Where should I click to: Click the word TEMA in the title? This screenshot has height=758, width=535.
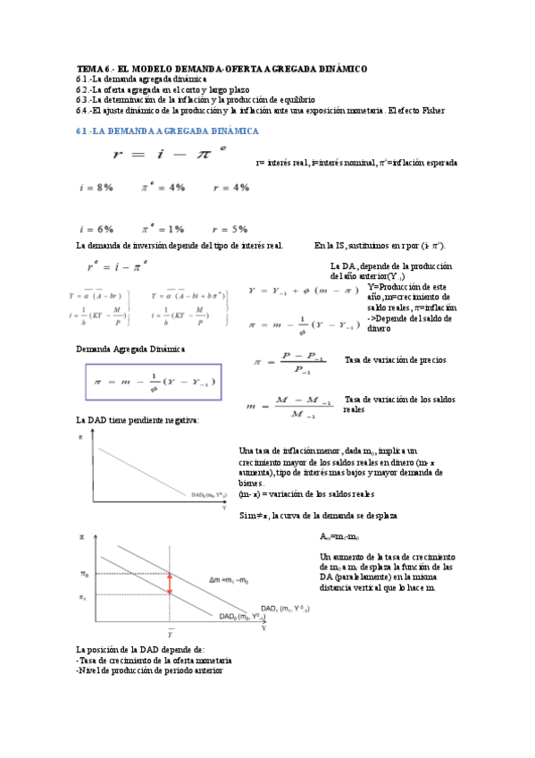[89, 69]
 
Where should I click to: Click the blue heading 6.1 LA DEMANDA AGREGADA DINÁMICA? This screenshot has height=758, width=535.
[168, 131]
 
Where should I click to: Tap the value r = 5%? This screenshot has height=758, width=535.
[230, 230]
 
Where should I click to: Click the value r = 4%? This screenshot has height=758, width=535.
[230, 188]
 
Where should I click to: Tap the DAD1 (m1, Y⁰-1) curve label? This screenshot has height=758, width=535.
[283, 607]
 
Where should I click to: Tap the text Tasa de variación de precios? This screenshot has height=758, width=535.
[395, 359]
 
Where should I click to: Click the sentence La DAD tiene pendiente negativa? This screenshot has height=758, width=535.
[138, 419]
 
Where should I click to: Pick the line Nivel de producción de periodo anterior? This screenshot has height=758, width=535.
[150, 670]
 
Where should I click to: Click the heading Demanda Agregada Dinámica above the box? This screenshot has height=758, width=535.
[130, 349]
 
